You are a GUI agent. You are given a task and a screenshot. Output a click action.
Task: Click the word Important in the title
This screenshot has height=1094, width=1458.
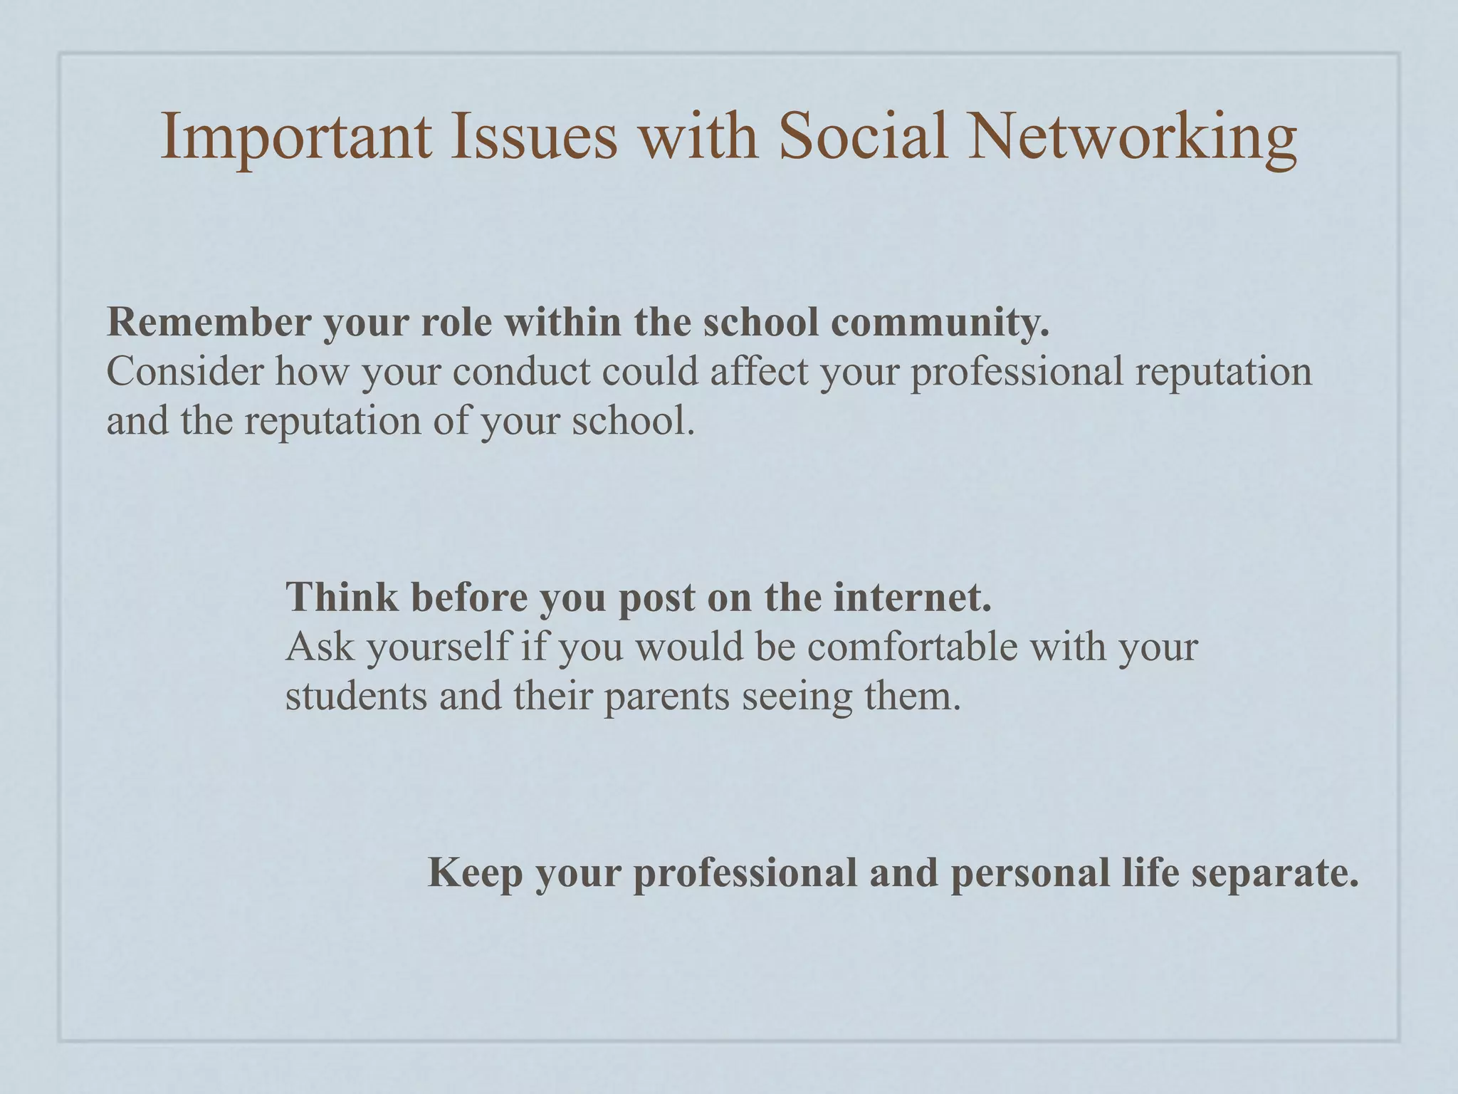pos(296,137)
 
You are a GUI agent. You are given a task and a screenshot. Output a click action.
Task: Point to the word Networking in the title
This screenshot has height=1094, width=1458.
pos(1132,137)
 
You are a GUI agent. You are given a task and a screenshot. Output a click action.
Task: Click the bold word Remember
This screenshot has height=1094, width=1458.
pos(209,322)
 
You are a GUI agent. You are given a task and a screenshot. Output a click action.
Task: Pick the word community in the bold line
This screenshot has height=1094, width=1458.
pos(940,323)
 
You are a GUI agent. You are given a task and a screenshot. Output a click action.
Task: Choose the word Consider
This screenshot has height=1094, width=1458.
pos(185,372)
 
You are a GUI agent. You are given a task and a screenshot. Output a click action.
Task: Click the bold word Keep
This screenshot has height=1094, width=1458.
pos(475,873)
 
